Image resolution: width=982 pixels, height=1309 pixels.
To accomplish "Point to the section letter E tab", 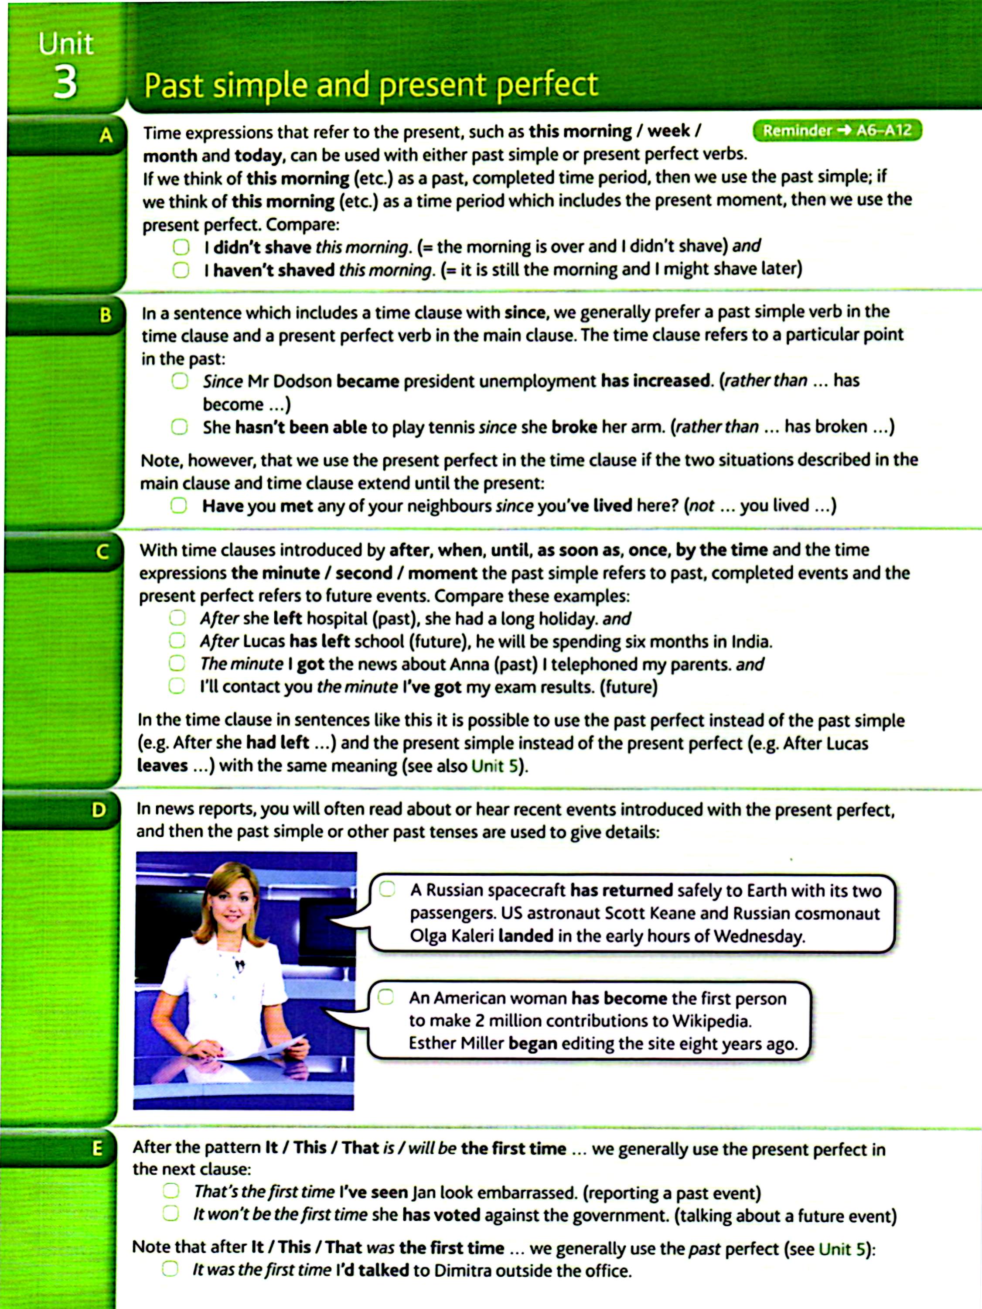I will pyautogui.click(x=97, y=1148).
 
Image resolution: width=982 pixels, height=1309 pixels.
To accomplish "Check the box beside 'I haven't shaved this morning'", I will pyautogui.click(x=181, y=271).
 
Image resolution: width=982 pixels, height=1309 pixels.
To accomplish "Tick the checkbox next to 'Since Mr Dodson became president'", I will pyautogui.click(x=180, y=380).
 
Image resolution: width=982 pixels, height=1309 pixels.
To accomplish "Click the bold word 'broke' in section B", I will pyautogui.click(x=574, y=427).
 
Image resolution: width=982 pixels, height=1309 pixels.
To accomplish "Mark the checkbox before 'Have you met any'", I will pyautogui.click(x=179, y=505).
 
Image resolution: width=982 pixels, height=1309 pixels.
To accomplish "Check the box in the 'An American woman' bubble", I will pyautogui.click(x=386, y=998).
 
